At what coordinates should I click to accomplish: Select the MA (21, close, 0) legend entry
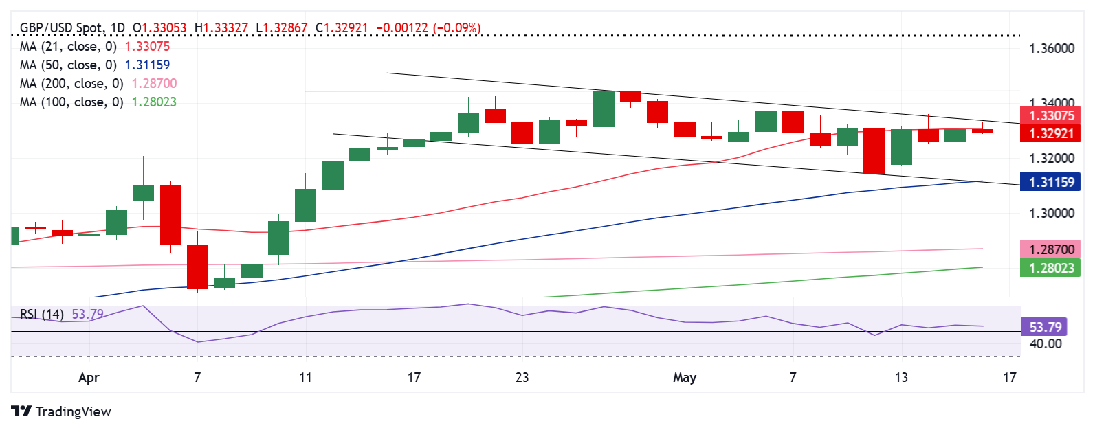pos(68,47)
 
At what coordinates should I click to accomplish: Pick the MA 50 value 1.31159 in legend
pos(147,65)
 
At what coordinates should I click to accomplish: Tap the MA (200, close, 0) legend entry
pos(71,84)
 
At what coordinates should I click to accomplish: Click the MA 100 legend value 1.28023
pos(154,102)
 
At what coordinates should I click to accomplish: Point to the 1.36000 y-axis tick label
pos(1051,49)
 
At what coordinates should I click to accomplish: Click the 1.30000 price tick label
pos(1051,214)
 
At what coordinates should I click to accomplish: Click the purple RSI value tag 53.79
pos(1044,327)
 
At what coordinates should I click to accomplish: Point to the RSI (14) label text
pos(41,315)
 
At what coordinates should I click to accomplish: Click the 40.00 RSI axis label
pos(1045,343)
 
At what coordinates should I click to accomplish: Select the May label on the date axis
pos(685,378)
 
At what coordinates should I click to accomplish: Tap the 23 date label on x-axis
pos(522,378)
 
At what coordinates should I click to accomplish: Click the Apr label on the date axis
pos(89,378)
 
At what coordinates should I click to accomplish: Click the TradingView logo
pos(61,411)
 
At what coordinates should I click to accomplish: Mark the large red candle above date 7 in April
pos(197,267)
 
